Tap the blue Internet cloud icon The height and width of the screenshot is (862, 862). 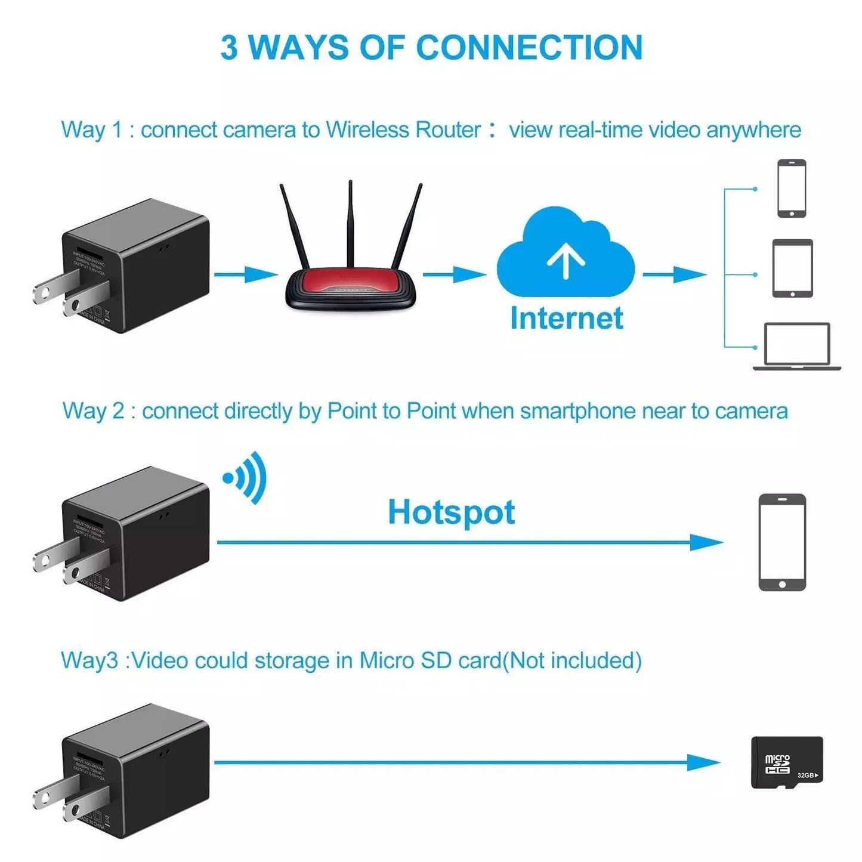point(565,254)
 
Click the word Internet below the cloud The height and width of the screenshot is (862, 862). point(566,319)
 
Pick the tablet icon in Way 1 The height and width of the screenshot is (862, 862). point(792,268)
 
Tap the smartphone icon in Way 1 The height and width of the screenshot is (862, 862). point(792,188)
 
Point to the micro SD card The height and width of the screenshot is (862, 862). point(786,762)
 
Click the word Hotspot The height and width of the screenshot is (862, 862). point(451,512)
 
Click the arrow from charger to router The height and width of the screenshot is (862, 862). point(246,274)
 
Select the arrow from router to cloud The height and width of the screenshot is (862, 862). point(455,274)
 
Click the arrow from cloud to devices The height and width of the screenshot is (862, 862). point(674,274)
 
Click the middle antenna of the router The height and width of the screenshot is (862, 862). point(350,227)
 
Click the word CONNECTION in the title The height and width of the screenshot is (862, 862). point(529,48)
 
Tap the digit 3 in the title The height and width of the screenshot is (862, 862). point(229,48)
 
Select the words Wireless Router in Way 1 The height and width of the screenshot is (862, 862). point(403,129)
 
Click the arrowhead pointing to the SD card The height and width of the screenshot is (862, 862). point(704,762)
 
